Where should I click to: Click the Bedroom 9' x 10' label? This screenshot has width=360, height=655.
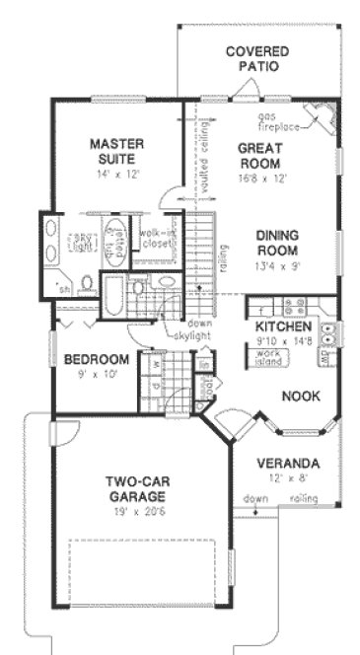click(97, 365)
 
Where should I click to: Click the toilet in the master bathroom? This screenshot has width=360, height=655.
click(86, 285)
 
